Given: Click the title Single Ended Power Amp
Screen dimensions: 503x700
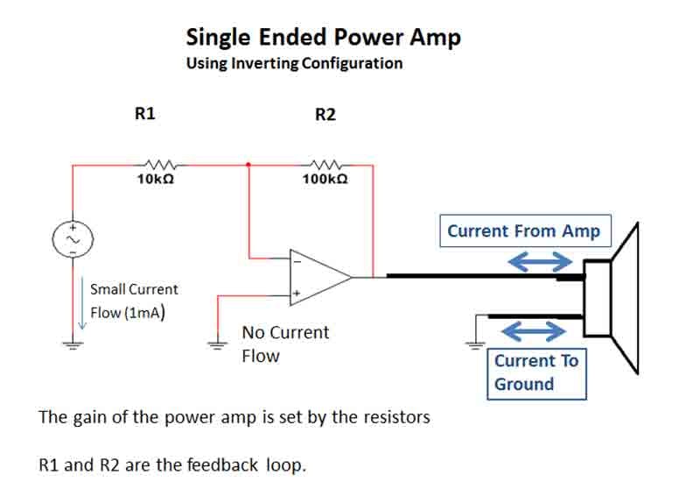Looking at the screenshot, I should click(x=323, y=37).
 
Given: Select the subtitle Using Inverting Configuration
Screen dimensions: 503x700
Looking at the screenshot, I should click(x=294, y=64).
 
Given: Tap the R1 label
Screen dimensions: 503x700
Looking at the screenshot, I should click(x=145, y=113).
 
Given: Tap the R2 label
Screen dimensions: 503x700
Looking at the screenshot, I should click(x=325, y=115).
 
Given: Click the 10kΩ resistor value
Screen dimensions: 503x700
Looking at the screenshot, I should click(x=155, y=178).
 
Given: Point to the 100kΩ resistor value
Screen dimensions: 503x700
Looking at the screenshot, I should click(x=325, y=178).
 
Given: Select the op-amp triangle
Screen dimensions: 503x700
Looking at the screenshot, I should click(x=319, y=277).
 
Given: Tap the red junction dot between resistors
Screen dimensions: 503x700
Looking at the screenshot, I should click(x=249, y=164).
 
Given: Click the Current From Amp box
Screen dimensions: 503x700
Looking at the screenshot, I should click(x=523, y=231).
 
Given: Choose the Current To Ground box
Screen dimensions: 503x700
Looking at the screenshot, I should click(x=536, y=372).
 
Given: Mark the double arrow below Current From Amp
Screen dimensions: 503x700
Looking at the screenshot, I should click(x=541, y=261).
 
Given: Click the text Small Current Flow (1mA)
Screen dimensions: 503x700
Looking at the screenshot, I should click(x=134, y=301).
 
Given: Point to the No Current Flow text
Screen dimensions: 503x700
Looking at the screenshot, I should click(x=285, y=344).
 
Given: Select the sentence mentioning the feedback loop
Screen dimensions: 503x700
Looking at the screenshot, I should click(x=173, y=464).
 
